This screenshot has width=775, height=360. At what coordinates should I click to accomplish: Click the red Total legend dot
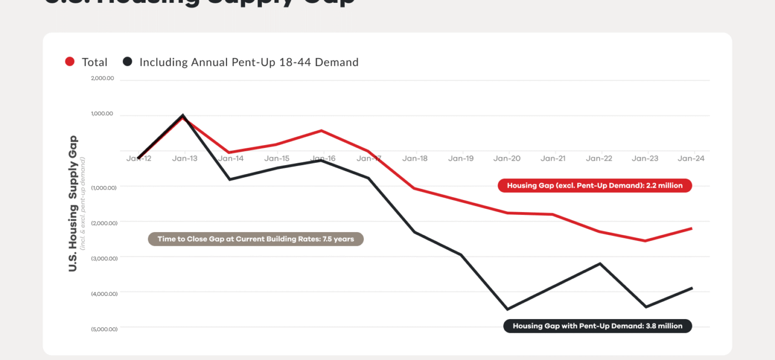coord(70,62)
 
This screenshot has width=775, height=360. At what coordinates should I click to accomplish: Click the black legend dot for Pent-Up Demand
coord(127,62)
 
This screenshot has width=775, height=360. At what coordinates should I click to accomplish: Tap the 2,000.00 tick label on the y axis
coord(102,78)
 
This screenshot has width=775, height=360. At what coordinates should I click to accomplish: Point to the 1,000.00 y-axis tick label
coord(102,114)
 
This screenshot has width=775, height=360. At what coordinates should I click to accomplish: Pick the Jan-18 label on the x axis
coord(415,158)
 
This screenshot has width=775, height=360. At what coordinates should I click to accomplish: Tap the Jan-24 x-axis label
coord(691,158)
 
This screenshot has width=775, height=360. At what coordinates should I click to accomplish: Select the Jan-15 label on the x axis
coord(276,158)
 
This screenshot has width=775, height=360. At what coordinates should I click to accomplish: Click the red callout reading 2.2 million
coord(595,186)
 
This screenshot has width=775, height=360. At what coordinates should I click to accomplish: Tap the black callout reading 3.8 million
coord(597,326)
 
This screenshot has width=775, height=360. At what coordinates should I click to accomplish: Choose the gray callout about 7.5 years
coord(256,239)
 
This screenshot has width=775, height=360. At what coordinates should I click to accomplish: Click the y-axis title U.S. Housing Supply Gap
coord(73,203)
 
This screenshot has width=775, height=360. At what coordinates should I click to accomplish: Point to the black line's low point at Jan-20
coord(507,309)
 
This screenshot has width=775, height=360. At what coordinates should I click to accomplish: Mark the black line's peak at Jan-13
coord(183,115)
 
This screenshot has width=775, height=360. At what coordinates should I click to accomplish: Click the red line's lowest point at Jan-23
coord(645,241)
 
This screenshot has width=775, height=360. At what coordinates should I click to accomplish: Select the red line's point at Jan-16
coord(322,131)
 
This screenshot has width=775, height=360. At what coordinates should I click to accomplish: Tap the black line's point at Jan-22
coord(600,264)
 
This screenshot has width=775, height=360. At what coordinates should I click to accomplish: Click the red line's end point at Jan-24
coord(691,228)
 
